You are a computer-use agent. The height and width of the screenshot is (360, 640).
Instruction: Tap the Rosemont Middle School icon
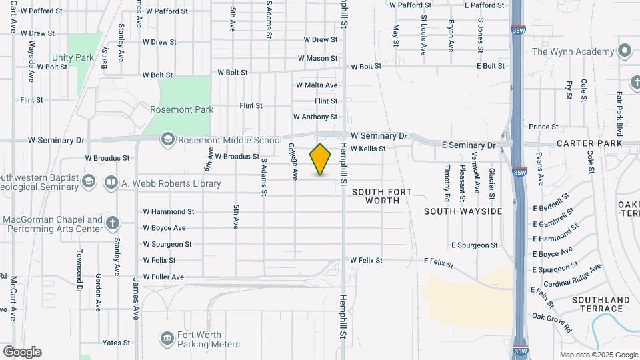[167, 140]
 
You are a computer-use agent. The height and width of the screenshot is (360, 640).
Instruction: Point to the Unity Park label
[75, 58]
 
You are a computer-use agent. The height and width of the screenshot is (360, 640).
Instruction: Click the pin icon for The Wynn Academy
[625, 51]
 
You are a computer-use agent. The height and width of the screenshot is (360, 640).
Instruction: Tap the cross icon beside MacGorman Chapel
[113, 223]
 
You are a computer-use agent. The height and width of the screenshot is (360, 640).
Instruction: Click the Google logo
[22, 352]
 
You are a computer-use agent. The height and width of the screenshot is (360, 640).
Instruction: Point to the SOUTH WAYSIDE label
[463, 211]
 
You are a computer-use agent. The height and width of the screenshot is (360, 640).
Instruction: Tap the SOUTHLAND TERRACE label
[601, 304]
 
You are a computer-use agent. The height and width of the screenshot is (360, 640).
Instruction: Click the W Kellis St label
[368, 149]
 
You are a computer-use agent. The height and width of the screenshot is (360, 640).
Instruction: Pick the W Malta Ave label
[317, 85]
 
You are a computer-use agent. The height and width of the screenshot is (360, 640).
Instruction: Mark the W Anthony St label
[315, 117]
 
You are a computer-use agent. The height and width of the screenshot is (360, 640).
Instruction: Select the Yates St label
[116, 343]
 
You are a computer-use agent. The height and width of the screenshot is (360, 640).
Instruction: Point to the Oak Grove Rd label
[552, 321]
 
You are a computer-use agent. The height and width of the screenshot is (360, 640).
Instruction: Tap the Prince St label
[543, 127]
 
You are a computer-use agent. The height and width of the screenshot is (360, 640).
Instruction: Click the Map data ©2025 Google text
[598, 355]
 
